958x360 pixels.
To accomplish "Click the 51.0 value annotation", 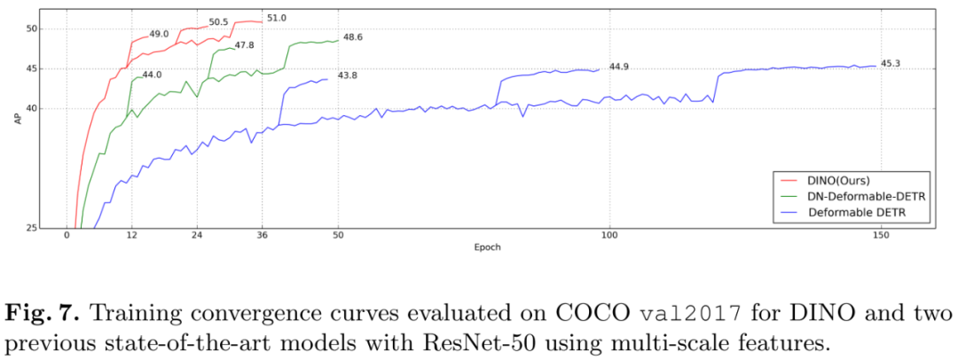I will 278,18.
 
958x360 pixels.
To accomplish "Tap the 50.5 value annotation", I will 219,22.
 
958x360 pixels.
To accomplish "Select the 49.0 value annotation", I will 160,34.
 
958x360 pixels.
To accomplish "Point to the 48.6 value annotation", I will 353,37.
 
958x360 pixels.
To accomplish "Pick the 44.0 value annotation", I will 153,75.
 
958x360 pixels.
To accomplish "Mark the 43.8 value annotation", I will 348,75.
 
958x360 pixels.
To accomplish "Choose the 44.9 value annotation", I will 619,66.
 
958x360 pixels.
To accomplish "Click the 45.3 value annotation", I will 891,64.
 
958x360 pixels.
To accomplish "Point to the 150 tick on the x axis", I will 880,236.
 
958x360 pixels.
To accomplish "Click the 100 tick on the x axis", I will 609,236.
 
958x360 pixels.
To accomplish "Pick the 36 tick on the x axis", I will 262,236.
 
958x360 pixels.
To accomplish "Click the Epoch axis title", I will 486,247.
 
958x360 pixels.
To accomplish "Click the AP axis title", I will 17,118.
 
